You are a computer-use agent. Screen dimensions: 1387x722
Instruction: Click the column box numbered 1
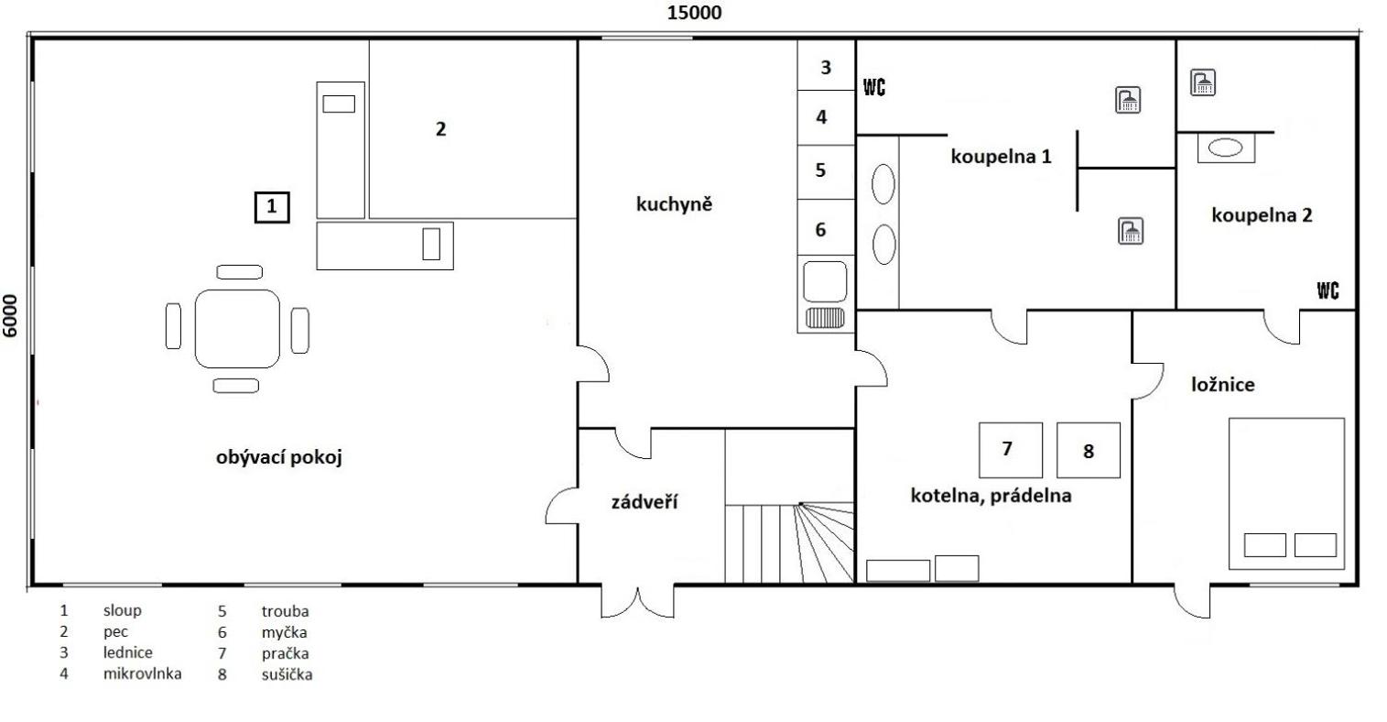tap(272, 207)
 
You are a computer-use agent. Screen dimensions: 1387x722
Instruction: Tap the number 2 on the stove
tap(441, 129)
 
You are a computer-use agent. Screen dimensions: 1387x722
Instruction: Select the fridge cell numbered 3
tap(826, 65)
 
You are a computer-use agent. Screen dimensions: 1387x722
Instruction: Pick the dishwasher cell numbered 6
tap(826, 227)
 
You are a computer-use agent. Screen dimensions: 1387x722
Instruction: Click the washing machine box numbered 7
tap(1011, 450)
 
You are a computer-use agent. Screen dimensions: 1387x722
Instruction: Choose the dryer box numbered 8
tap(1088, 450)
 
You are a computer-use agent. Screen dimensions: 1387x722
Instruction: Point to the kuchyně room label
tap(675, 204)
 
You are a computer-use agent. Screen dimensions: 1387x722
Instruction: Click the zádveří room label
tap(644, 501)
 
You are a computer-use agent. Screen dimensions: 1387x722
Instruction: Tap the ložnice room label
tap(1223, 384)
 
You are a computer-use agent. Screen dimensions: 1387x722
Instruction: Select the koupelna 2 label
tap(1262, 215)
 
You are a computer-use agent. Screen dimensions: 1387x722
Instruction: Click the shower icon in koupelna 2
tap(1202, 82)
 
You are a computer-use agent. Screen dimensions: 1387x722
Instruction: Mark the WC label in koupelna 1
tap(874, 87)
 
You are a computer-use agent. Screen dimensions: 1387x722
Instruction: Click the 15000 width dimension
tap(694, 13)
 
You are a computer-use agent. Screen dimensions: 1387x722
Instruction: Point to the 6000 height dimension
tap(10, 316)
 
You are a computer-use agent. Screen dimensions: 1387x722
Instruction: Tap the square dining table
tap(237, 328)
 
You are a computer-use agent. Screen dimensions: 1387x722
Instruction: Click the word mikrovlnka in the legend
tap(143, 673)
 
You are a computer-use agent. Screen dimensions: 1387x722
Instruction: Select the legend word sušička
tap(287, 674)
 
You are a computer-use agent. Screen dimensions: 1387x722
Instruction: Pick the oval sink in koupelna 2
tap(1225, 148)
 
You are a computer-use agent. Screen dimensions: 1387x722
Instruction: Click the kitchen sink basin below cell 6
tap(825, 281)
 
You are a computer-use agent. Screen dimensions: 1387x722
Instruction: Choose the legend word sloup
tap(123, 610)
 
